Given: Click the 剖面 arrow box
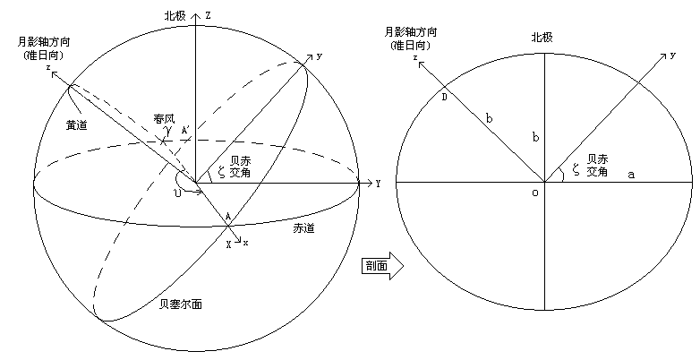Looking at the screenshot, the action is (x=382, y=266).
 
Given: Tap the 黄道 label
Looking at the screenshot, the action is (x=77, y=125).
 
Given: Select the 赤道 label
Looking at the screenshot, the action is (x=303, y=228).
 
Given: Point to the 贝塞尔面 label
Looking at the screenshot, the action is (x=181, y=304).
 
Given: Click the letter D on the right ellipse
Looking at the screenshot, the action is (x=444, y=98).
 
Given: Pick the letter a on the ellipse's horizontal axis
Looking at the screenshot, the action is (x=631, y=176).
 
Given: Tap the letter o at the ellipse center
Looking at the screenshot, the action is (x=535, y=193).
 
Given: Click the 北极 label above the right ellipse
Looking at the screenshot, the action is (x=542, y=38).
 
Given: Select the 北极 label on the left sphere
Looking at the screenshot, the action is (x=175, y=16).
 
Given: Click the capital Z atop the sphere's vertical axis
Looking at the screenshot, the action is (x=208, y=16).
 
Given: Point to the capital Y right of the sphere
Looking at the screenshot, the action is (x=378, y=184).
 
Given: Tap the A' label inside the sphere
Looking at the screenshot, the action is (x=185, y=131).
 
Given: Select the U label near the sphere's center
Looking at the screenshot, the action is (x=178, y=194).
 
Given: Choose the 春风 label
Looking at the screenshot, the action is (x=165, y=119).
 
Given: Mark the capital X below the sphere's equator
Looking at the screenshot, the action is (x=228, y=244).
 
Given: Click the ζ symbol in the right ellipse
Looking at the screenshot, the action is (x=576, y=170).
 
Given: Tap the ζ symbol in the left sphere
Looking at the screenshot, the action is (x=221, y=172).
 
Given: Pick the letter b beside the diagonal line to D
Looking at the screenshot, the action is (x=490, y=119).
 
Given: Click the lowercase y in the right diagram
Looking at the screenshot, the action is (x=672, y=56).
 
